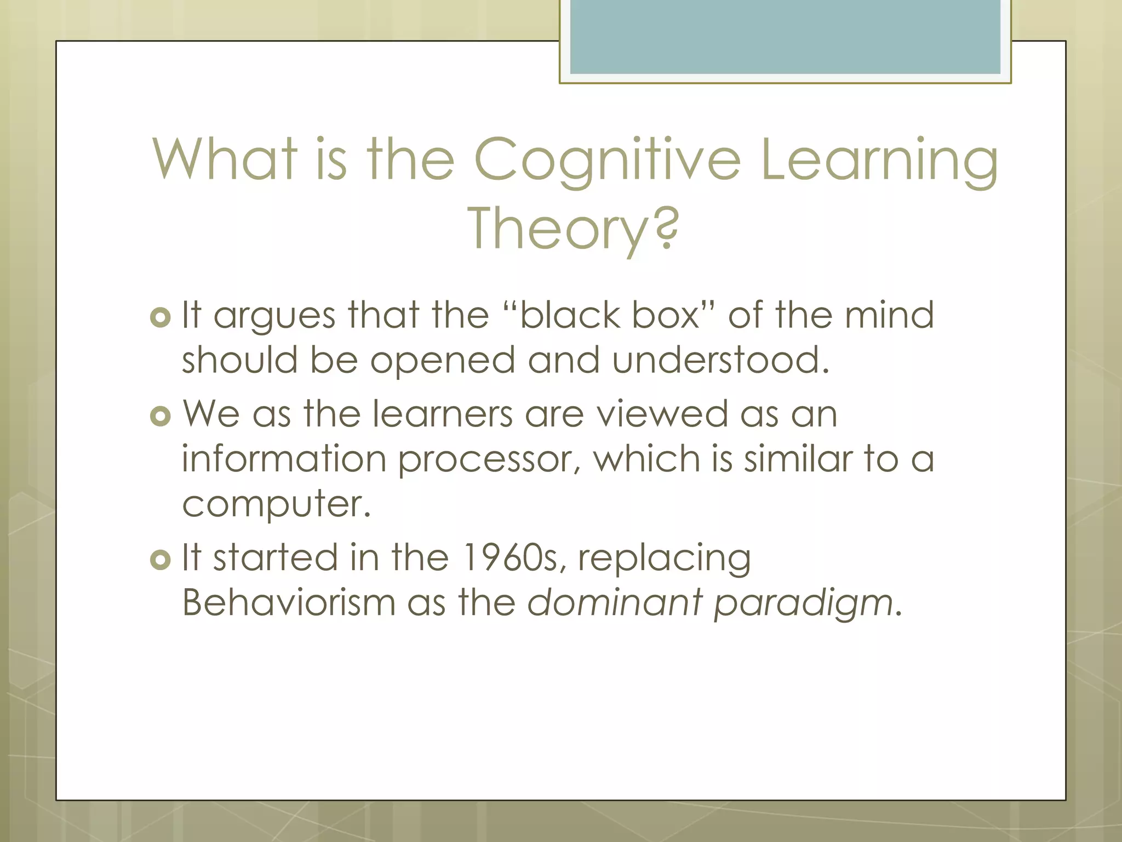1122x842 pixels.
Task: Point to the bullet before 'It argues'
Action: (x=160, y=317)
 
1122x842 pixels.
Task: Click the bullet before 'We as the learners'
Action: (x=160, y=416)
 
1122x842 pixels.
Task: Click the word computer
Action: (x=276, y=504)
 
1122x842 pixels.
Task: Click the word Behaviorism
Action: (x=289, y=602)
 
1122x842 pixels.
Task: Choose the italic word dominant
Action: (x=615, y=602)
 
